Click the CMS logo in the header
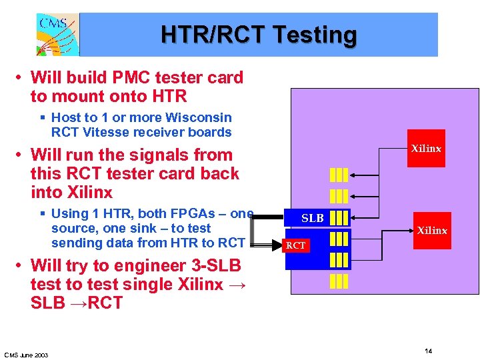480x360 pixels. [57, 35]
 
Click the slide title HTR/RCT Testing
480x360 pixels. [259, 35]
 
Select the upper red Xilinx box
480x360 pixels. [425, 149]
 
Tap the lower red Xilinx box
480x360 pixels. [431, 231]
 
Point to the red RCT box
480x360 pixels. [295, 245]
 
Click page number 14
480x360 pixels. [429, 351]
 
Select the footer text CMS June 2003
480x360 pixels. [26, 354]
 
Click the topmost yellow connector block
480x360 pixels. [339, 175]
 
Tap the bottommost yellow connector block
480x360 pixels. [339, 281]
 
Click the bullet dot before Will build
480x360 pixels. [21, 78]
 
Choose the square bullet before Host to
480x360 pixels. [42, 118]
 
